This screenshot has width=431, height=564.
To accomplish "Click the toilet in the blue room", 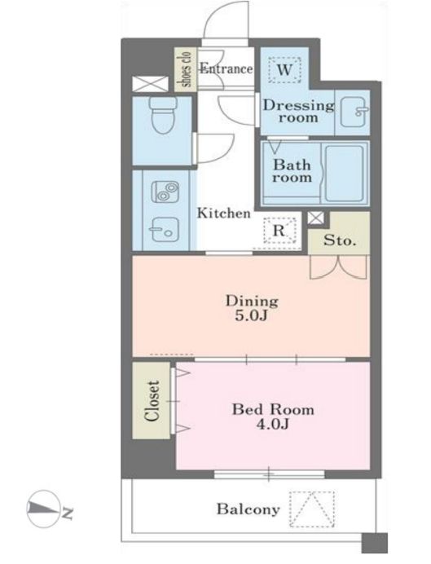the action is pos(163,115).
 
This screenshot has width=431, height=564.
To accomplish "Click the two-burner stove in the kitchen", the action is pos(165,192).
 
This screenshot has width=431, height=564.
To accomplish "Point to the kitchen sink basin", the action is pos(165,230).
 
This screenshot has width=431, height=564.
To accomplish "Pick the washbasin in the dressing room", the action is pos(353,112).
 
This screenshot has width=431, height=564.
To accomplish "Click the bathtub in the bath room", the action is pos(345,174).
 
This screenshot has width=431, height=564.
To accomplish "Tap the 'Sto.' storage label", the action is pos(339,240).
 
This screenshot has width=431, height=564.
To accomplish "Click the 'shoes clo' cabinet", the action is pos(186,69).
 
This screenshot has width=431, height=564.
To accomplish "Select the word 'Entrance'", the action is pos(226,68).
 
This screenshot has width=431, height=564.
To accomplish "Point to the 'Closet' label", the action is pos(152,400).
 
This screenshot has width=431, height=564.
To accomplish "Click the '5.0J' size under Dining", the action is pos(251,315).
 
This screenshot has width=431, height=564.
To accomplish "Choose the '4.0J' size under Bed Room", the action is pos(273,425).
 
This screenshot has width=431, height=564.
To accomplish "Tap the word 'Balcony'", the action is pos(248,509).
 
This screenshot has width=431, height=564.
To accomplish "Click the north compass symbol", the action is pos(43,509).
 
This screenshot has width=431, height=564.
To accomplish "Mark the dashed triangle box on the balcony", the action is pos(312,509).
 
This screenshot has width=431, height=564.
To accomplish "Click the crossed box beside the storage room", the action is pos(316,218).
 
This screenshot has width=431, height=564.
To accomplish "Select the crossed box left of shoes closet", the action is pos(150,84).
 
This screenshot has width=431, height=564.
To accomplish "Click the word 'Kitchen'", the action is pos(223,214).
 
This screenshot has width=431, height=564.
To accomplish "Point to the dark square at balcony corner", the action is pos(375,543).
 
